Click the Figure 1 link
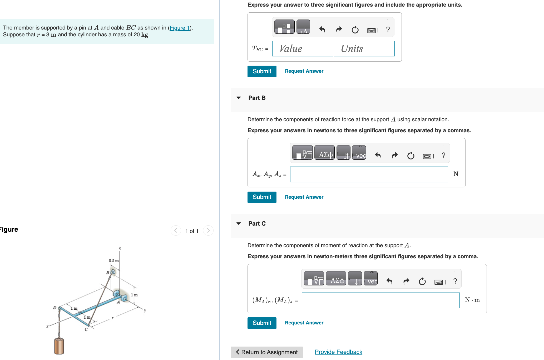tap(180, 28)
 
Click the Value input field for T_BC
tap(302, 48)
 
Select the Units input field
tap(364, 48)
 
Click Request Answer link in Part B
tap(304, 197)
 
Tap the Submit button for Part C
tap(262, 323)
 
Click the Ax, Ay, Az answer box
tap(369, 174)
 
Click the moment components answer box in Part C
tap(380, 300)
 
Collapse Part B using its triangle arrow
tap(239, 98)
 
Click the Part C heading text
tap(257, 223)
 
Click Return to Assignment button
tap(266, 352)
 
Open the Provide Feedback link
tap(338, 352)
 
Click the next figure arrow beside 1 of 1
tap(208, 231)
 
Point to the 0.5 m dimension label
tap(113, 261)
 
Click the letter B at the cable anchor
tap(107, 272)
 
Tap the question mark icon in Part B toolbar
tap(443, 155)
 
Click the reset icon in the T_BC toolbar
tap(355, 30)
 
